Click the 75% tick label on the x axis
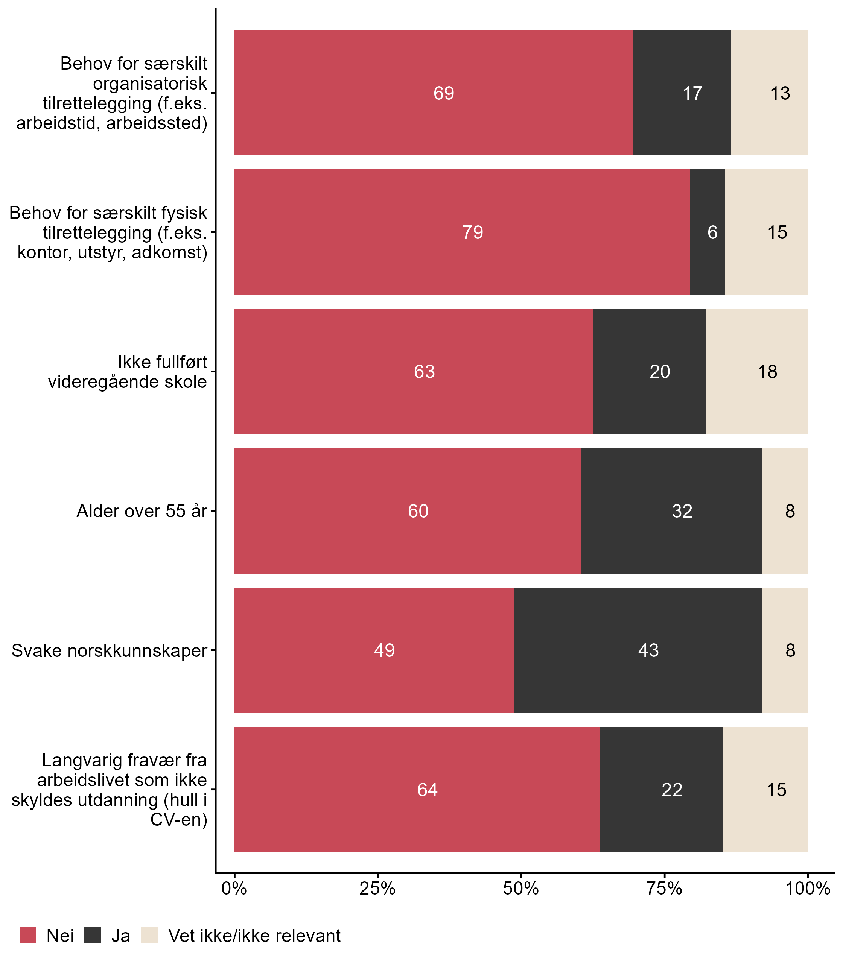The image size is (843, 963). (x=664, y=888)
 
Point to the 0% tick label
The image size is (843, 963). (x=234, y=888)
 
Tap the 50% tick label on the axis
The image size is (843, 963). (x=521, y=888)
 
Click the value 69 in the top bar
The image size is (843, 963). (x=444, y=93)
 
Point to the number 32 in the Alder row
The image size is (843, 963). (x=682, y=511)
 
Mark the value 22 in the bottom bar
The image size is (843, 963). (x=671, y=790)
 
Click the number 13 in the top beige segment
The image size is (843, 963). (x=780, y=93)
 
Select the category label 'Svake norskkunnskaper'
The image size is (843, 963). (x=109, y=650)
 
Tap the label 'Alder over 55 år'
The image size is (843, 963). (x=142, y=511)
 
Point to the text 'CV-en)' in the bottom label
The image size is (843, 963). (x=179, y=820)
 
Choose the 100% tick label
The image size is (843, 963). (x=808, y=888)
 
